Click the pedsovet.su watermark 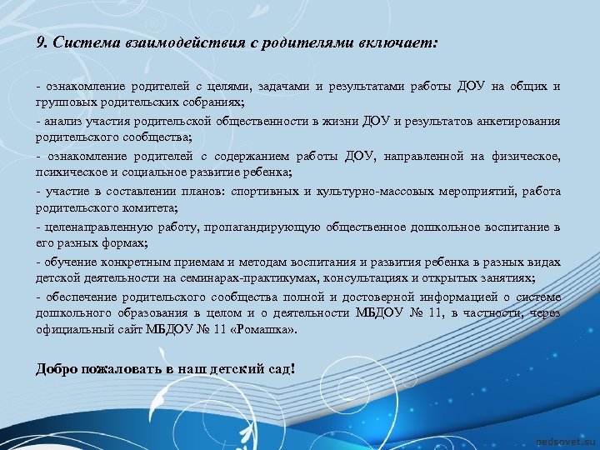(561, 438)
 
